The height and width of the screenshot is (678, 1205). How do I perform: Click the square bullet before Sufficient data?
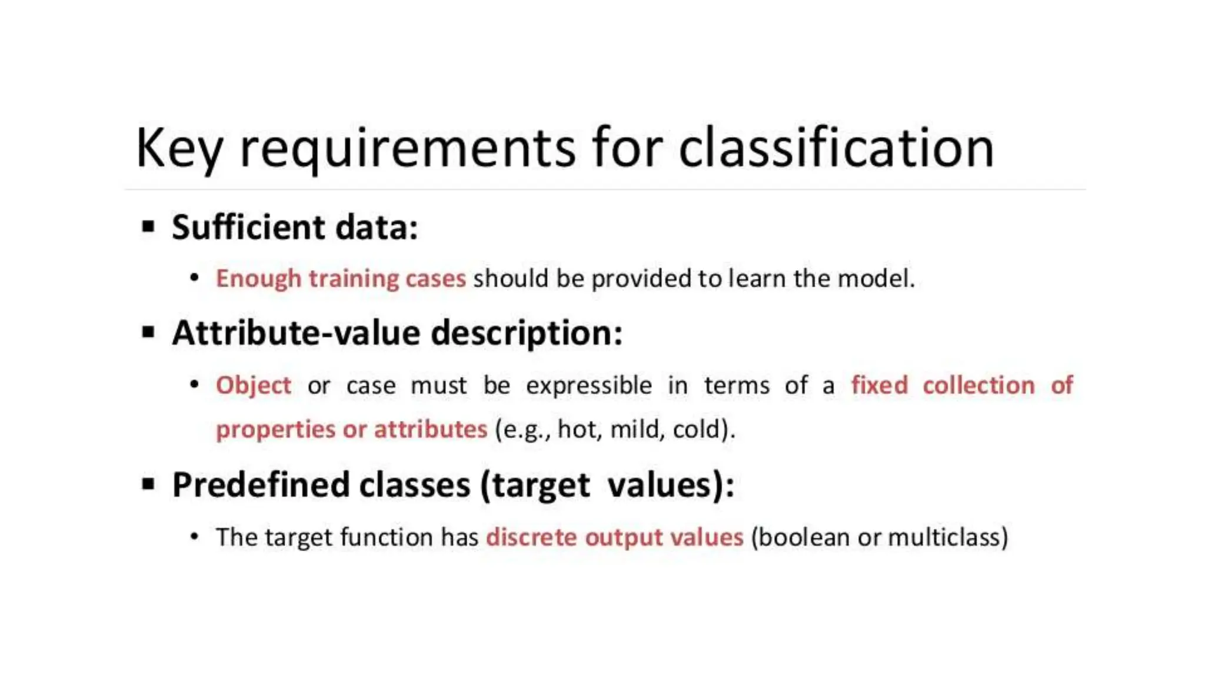[x=148, y=227]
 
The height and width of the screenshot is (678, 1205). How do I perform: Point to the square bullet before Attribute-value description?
[x=148, y=333]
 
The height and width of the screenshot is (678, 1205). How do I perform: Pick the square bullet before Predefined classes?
[x=148, y=484]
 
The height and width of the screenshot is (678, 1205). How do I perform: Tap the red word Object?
[x=254, y=385]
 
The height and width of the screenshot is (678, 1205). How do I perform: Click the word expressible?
[x=589, y=385]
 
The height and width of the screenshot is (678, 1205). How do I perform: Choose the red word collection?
[x=978, y=385]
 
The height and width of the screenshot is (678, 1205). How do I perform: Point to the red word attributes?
[x=431, y=429]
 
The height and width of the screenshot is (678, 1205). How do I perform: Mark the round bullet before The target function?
[x=195, y=537]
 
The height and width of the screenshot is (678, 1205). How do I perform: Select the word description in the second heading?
[x=526, y=334]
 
